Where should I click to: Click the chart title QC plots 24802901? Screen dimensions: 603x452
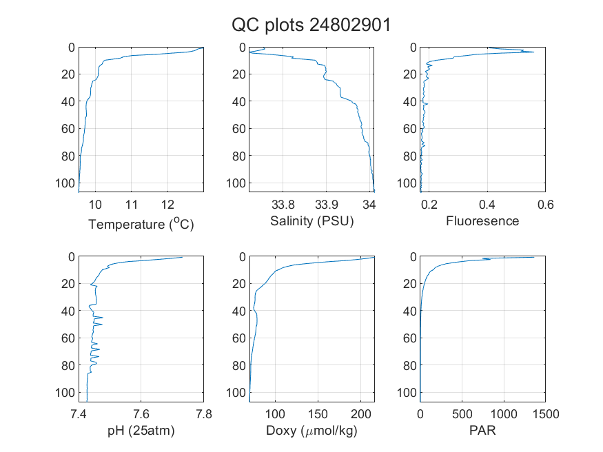click(x=311, y=25)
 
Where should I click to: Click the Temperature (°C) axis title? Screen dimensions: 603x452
click(x=141, y=223)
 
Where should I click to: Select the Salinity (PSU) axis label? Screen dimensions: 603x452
click(x=312, y=221)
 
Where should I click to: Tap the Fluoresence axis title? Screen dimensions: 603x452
click(x=482, y=221)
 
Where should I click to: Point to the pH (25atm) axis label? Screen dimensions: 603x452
click(x=141, y=431)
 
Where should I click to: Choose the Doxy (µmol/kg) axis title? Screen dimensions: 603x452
click(x=312, y=431)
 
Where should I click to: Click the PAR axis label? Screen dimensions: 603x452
click(x=482, y=430)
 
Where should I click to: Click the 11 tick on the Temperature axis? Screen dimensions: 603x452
click(x=132, y=205)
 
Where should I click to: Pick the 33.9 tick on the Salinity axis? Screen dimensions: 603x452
click(x=327, y=205)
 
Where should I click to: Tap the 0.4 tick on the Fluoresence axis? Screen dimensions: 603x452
click(x=487, y=205)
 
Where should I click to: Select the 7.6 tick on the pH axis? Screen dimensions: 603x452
click(x=141, y=414)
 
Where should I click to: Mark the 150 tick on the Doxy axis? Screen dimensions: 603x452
click(x=318, y=414)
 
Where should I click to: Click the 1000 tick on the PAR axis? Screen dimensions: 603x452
click(x=504, y=414)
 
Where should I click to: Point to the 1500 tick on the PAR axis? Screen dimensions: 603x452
click(x=546, y=414)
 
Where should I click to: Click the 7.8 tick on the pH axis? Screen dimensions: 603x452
click(x=204, y=414)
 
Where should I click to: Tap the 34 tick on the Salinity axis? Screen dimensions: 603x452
click(x=369, y=205)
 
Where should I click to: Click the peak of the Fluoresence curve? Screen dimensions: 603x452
click(x=534, y=52)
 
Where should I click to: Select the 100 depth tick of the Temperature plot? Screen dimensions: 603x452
click(x=65, y=183)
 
